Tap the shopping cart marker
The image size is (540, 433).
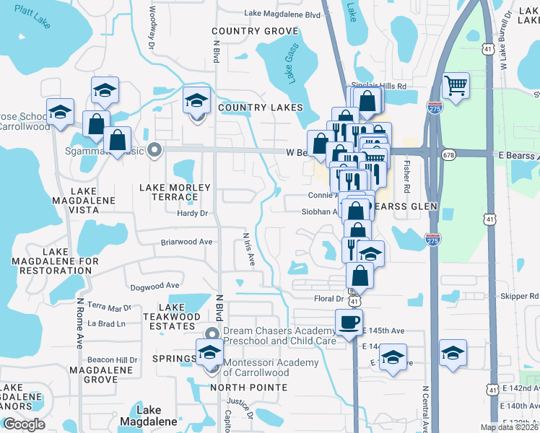456,87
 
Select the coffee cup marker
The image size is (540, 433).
349,322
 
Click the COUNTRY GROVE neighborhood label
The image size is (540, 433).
255,31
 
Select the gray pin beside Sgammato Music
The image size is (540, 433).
153,150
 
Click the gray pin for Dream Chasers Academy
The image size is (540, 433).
211,333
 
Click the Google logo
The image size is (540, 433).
24,424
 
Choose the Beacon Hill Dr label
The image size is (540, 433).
112,359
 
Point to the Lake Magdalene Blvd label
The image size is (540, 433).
282,14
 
